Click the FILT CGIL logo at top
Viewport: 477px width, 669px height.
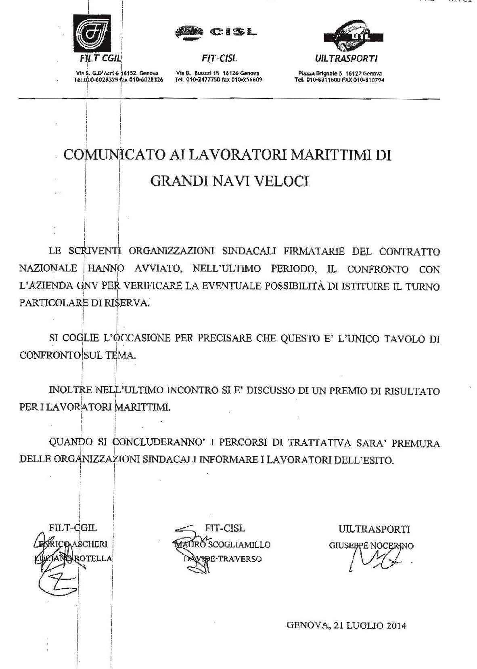92,34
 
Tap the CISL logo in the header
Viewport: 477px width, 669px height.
216,32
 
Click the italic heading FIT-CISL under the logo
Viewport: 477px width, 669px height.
219,59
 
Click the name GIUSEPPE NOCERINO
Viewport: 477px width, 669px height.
371,546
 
